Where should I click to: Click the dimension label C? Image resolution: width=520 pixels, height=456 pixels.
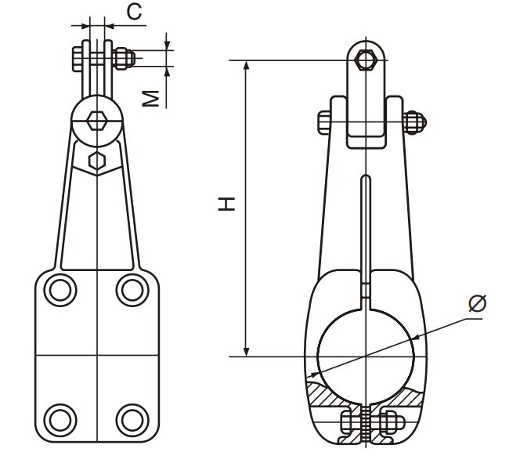click(134, 13)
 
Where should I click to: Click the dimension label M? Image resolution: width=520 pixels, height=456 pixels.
click(151, 99)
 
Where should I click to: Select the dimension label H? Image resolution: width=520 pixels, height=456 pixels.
click(226, 204)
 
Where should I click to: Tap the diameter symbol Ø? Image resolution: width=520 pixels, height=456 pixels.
click(478, 303)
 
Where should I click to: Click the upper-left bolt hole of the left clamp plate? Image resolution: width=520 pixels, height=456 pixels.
click(60, 291)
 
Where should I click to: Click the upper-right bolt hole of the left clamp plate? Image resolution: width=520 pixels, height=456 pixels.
click(132, 291)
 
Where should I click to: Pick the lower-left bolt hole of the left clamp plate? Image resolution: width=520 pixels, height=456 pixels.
click(60, 420)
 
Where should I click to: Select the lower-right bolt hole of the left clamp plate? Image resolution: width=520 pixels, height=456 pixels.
click(132, 420)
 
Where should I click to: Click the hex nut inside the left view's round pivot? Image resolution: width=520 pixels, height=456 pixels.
click(97, 121)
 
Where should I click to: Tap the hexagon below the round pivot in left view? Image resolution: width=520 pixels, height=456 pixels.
click(97, 161)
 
